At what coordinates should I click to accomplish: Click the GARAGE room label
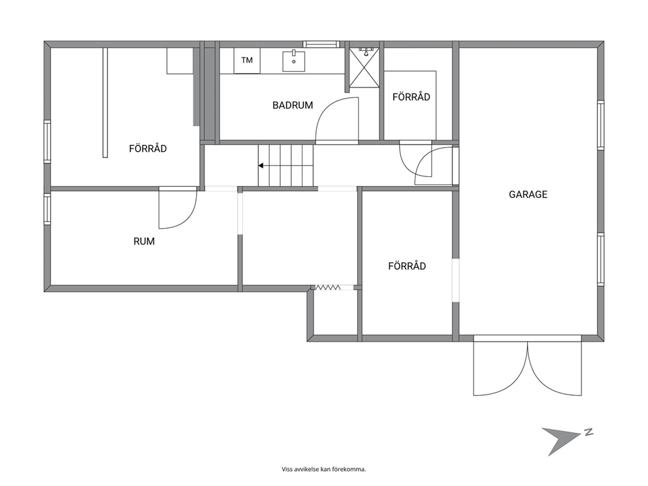click(x=528, y=194)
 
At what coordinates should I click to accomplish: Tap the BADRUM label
click(x=293, y=105)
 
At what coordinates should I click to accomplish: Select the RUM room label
click(x=144, y=241)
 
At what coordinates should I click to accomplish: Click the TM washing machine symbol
click(x=247, y=61)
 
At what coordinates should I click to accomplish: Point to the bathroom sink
click(x=294, y=61)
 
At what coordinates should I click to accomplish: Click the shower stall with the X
click(x=364, y=68)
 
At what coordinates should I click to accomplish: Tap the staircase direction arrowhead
click(x=261, y=166)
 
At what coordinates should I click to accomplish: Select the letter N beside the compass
click(x=589, y=432)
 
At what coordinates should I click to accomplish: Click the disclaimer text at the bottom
click(x=324, y=469)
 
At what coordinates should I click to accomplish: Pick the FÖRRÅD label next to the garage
click(x=407, y=266)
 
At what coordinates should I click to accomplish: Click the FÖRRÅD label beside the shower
click(x=411, y=97)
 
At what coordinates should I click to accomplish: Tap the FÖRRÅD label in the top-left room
click(x=148, y=149)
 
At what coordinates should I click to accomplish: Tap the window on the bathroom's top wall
click(x=321, y=44)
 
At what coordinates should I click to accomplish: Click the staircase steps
click(x=286, y=166)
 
